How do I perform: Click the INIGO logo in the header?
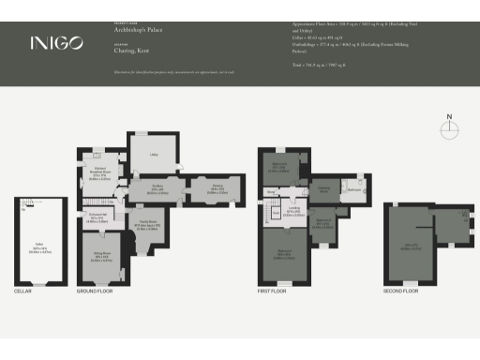pos(49,42)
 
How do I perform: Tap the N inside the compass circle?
pos(449,117)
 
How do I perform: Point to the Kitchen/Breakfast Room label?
pos(102,172)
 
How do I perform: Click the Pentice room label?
pos(216,187)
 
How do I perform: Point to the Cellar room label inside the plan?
pos(40,247)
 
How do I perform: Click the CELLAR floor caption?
pos(24,292)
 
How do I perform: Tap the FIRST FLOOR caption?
pos(274,292)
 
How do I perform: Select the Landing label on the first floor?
pos(293,212)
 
